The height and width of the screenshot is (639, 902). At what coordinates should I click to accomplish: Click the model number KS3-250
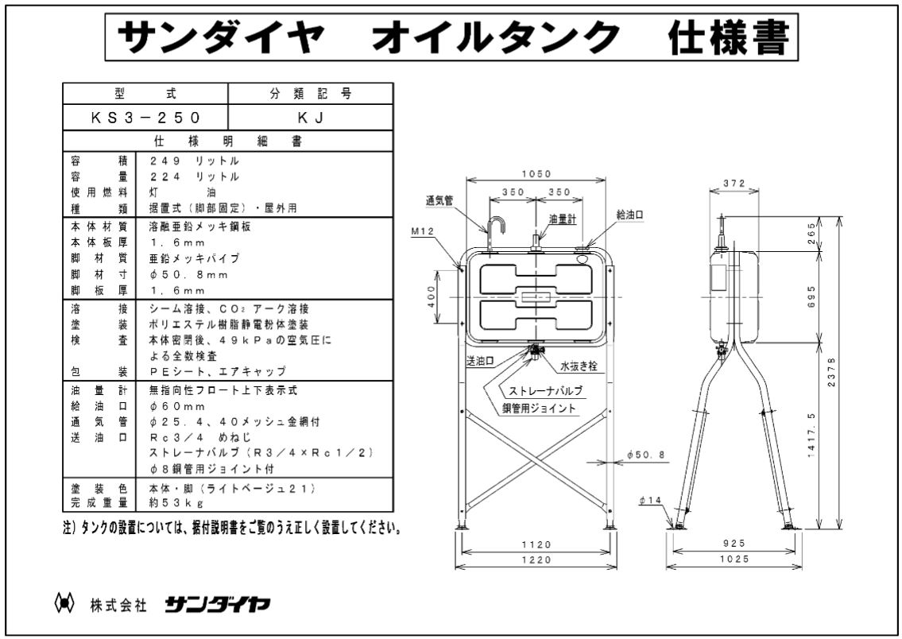(x=145, y=117)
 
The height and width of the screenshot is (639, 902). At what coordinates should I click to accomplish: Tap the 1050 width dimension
(x=537, y=174)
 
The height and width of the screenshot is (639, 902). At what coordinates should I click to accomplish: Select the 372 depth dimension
(x=734, y=184)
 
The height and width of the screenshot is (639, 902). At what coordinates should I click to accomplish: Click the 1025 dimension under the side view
(x=734, y=560)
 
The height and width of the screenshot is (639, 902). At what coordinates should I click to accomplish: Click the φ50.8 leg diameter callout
(x=645, y=455)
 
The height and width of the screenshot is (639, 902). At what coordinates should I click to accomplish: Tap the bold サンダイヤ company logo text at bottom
(x=217, y=605)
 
